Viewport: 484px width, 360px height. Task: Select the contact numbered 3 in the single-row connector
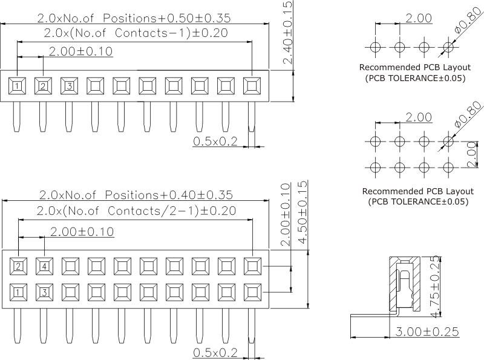point(69,86)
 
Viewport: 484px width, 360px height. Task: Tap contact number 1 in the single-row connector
point(17,86)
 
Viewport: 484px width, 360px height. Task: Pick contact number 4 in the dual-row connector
point(44,265)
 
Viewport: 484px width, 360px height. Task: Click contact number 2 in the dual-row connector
point(18,265)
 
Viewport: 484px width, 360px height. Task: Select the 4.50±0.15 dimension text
point(303,212)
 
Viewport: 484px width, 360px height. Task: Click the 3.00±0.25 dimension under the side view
point(426,332)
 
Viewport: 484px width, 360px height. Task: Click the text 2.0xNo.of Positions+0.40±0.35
point(136,195)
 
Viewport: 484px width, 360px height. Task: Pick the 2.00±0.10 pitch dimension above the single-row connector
point(80,51)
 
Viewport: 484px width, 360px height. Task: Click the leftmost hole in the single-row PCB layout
point(375,47)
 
